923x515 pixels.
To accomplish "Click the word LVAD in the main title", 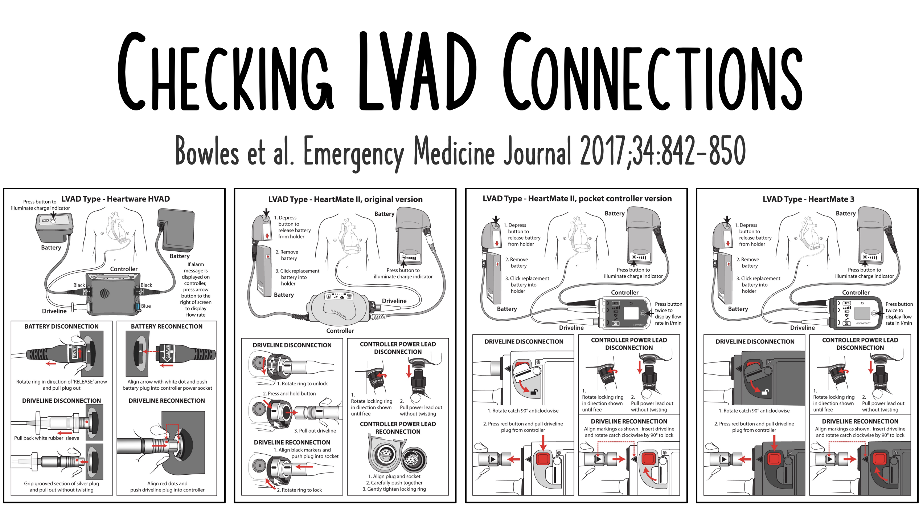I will coord(417,71).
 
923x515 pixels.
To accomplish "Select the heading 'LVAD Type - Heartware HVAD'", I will coord(115,199).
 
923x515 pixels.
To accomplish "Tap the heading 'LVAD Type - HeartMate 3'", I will coord(808,199).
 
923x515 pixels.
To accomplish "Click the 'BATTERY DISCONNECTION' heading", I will coord(61,327).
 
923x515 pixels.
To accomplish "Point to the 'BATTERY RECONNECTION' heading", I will coord(167,327).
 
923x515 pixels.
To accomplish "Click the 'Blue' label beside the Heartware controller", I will coord(146,306).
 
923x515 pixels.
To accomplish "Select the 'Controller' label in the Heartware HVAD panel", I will coord(124,269).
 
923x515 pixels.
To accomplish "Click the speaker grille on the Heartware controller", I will coord(104,293).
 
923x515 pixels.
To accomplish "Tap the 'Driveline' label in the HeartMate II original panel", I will coord(394,301).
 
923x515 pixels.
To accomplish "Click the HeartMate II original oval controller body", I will coord(337,308).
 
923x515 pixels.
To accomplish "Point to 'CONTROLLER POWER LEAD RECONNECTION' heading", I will coord(398,428).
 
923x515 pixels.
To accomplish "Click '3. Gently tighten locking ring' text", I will coord(394,489).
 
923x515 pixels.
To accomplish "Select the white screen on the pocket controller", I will coord(631,313).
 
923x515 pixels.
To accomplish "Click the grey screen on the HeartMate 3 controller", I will coord(862,313).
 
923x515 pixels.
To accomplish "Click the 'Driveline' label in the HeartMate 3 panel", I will coord(802,328).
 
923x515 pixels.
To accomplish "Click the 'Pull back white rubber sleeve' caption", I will coord(46,438).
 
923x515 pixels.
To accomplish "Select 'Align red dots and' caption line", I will coord(167,484).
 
